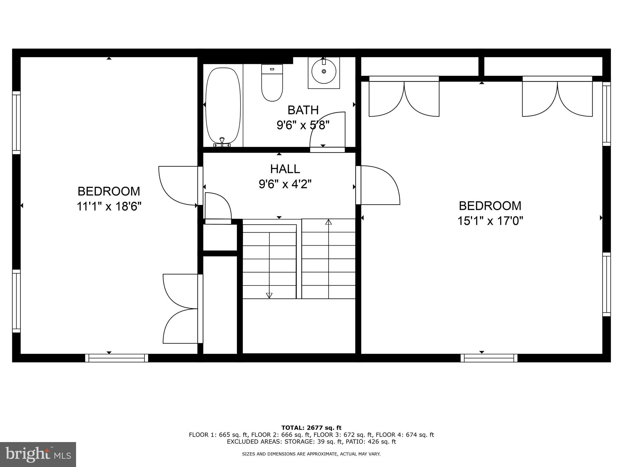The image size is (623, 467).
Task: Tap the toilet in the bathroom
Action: (x=272, y=83)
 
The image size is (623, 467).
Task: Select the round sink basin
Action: (x=324, y=71)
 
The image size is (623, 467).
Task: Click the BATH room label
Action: (x=303, y=110)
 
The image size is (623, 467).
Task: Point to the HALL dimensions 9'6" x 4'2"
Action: (x=285, y=184)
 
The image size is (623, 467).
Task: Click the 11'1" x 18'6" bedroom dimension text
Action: (x=109, y=207)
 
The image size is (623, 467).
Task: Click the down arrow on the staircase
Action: (x=269, y=295)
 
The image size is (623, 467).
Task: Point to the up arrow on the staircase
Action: (x=328, y=222)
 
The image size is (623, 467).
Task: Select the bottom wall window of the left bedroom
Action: (x=117, y=358)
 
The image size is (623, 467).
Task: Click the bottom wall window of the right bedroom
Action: (x=489, y=358)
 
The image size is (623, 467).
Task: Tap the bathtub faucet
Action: (x=222, y=141)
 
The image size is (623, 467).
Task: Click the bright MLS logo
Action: (x=38, y=454)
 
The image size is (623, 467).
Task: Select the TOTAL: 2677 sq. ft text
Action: (x=311, y=428)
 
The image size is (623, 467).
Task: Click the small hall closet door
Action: (x=218, y=207)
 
